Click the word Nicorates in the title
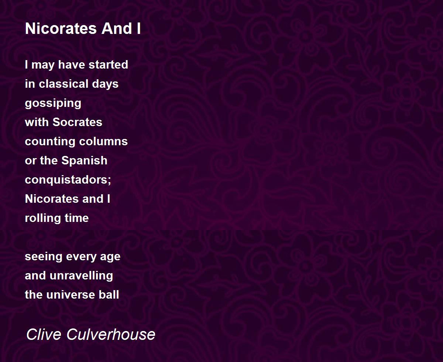click(61, 28)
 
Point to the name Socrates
click(77, 122)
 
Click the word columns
click(103, 141)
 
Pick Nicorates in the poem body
click(52, 199)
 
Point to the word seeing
click(44, 257)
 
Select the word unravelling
click(81, 276)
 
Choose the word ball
click(109, 295)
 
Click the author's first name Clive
click(44, 334)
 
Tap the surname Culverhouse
click(111, 334)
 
